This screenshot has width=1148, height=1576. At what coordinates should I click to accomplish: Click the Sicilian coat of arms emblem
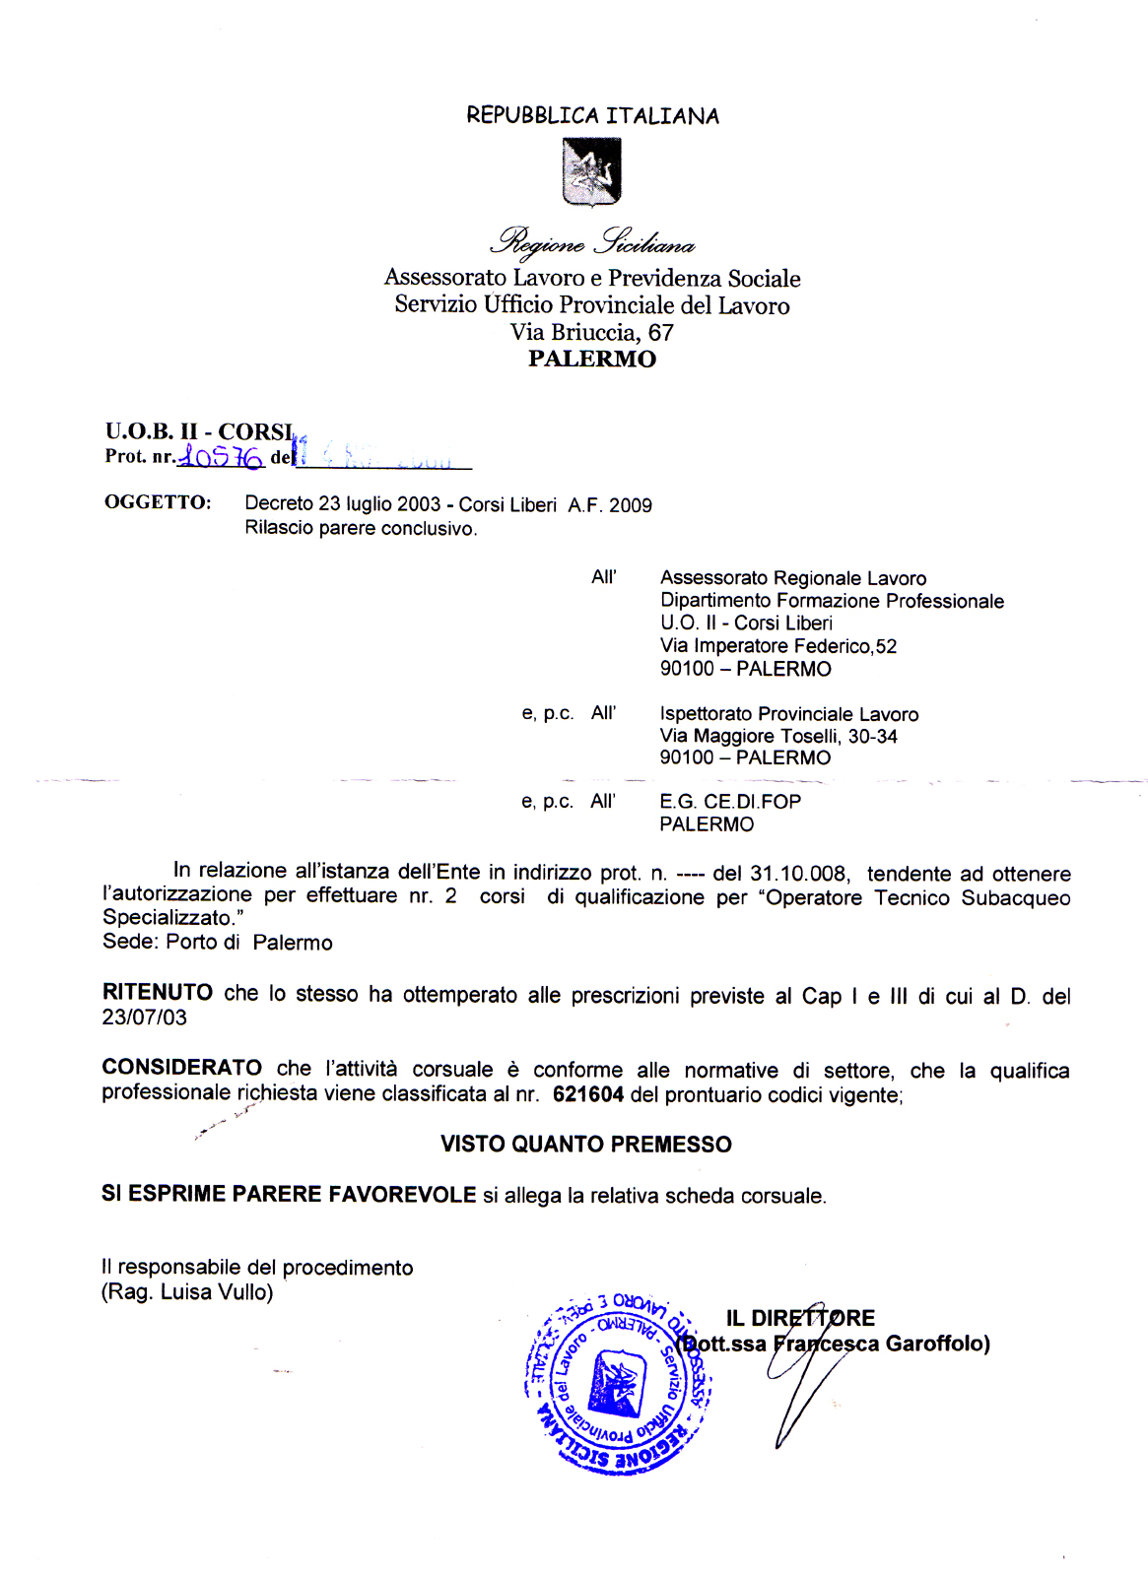coord(591,171)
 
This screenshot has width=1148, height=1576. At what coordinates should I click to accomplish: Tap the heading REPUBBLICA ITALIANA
coord(592,116)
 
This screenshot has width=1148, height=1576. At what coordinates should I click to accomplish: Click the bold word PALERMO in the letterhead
coord(591,359)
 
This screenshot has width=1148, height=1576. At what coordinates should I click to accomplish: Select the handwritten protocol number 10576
coord(221,457)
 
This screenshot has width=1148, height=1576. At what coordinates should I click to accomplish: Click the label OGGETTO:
coord(158,502)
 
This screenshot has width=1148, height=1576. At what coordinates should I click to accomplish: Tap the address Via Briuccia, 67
coord(591,332)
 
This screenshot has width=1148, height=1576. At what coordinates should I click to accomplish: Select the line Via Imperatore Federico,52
coord(777,646)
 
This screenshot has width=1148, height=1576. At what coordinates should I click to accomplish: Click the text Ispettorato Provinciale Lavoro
coord(788,714)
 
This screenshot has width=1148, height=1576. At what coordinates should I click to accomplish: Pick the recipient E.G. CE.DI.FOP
coord(729,802)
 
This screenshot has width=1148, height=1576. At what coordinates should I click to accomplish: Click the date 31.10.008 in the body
coord(797,874)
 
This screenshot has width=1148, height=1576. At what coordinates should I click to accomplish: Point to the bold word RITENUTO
coord(157,993)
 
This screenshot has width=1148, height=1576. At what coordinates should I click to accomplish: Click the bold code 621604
coord(587,1094)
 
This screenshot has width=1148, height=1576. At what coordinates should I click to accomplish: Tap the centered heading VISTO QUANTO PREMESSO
coord(585,1145)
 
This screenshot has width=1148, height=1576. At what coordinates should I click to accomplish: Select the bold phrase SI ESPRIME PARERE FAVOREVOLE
coord(289,1195)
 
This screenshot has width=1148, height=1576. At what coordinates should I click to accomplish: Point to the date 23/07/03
coord(144,1018)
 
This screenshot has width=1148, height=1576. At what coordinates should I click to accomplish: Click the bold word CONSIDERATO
coord(181,1069)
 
